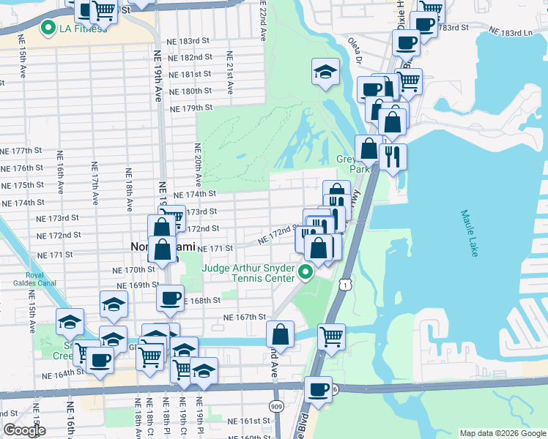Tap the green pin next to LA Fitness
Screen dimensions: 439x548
49,29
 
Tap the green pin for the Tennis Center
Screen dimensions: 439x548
306,273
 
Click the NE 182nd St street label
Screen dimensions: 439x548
190,57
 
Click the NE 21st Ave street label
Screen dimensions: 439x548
229,73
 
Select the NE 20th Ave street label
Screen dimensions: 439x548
198,164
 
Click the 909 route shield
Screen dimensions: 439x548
275,405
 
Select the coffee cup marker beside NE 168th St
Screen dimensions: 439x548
170,298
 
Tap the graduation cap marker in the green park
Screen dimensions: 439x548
325,72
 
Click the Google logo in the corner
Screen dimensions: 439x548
24,430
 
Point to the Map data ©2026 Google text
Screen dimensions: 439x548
503,433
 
